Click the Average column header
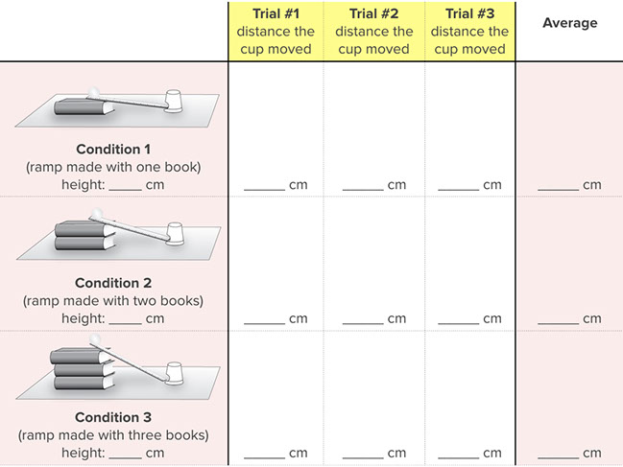point(569,22)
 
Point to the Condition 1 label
point(113,149)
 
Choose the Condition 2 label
point(113,283)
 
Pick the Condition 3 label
point(113,417)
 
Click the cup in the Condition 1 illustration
point(174,99)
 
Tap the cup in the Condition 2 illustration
point(175,234)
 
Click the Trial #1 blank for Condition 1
point(264,186)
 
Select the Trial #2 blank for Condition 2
point(362,320)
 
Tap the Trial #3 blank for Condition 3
point(458,455)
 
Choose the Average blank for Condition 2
point(558,320)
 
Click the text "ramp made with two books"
point(113,301)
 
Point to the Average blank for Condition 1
point(558,186)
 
